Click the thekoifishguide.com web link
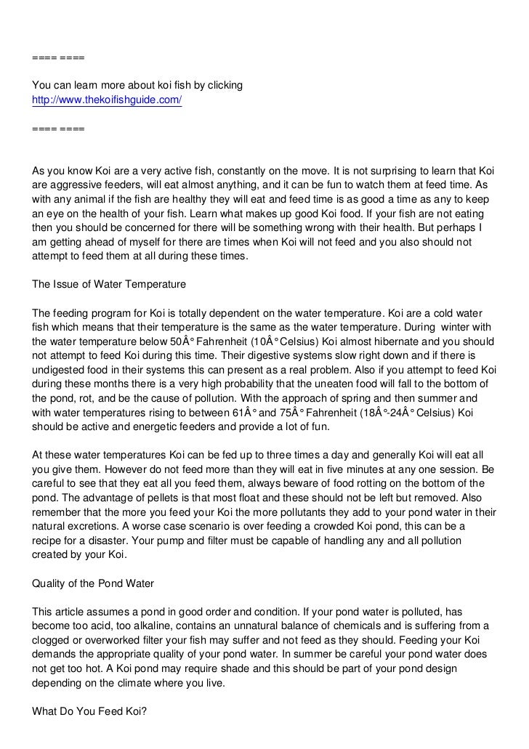click(107, 100)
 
